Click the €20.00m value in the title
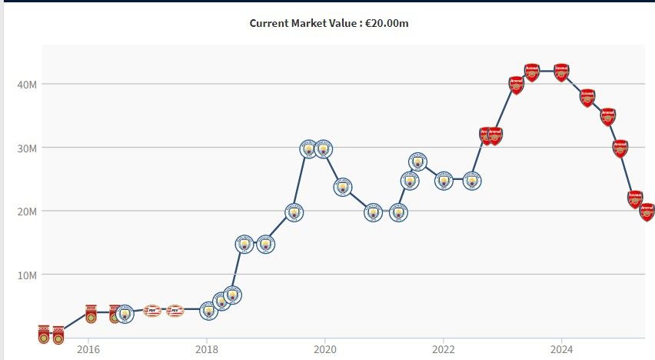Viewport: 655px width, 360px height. tap(386, 23)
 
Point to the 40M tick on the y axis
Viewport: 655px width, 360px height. tap(27, 84)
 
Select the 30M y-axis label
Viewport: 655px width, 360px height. tap(27, 148)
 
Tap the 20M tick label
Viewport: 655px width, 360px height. tap(27, 211)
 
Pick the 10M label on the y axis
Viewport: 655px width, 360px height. tap(27, 275)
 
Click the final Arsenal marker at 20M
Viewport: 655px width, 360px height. tap(647, 212)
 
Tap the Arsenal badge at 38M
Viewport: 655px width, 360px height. tap(588, 98)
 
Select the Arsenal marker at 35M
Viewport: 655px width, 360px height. tap(608, 117)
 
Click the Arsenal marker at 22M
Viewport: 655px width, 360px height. tap(635, 199)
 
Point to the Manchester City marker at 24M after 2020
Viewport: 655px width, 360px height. tap(344, 187)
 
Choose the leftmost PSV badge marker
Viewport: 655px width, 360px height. tap(152, 312)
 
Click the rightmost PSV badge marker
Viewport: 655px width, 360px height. tap(175, 312)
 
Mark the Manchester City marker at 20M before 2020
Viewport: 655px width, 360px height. tap(294, 212)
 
